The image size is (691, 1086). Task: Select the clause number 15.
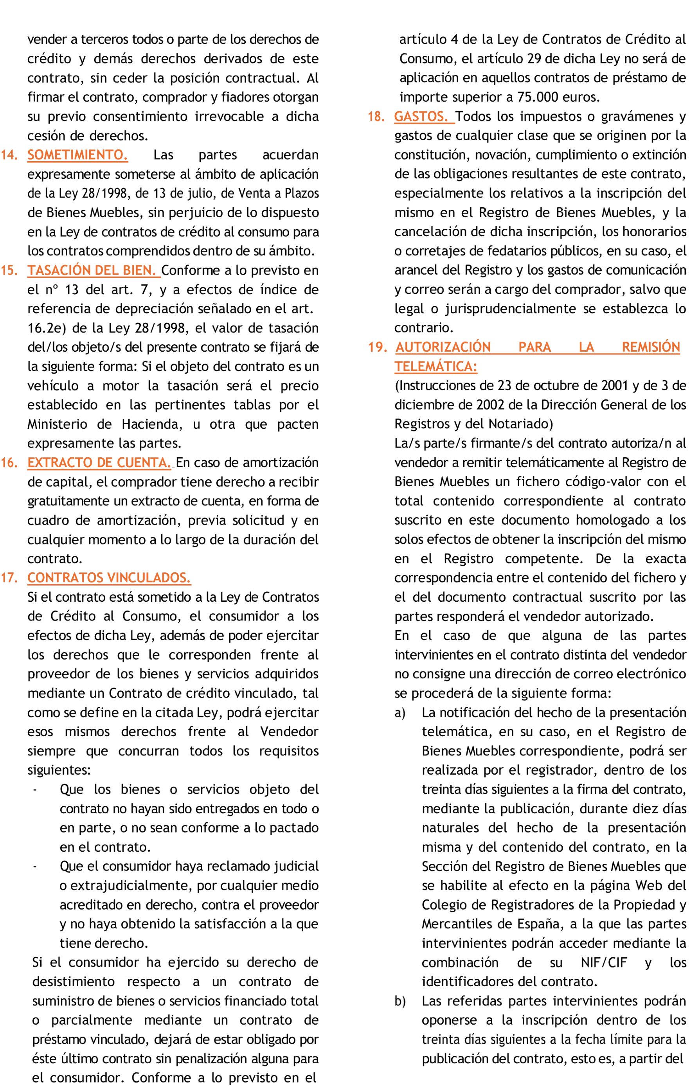[x=9, y=270]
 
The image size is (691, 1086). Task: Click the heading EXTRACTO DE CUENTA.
[x=99, y=462]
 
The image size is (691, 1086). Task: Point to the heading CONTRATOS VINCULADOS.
[x=109, y=578]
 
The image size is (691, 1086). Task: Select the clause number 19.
[x=377, y=347]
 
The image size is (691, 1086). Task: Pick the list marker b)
[x=399, y=1001]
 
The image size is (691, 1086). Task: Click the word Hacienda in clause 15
[x=151, y=424]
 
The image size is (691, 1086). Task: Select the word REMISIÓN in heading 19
[x=650, y=347]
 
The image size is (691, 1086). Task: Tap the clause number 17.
[x=9, y=578]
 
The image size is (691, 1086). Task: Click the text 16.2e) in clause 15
[x=47, y=328]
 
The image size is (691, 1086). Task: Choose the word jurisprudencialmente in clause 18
[x=511, y=309]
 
